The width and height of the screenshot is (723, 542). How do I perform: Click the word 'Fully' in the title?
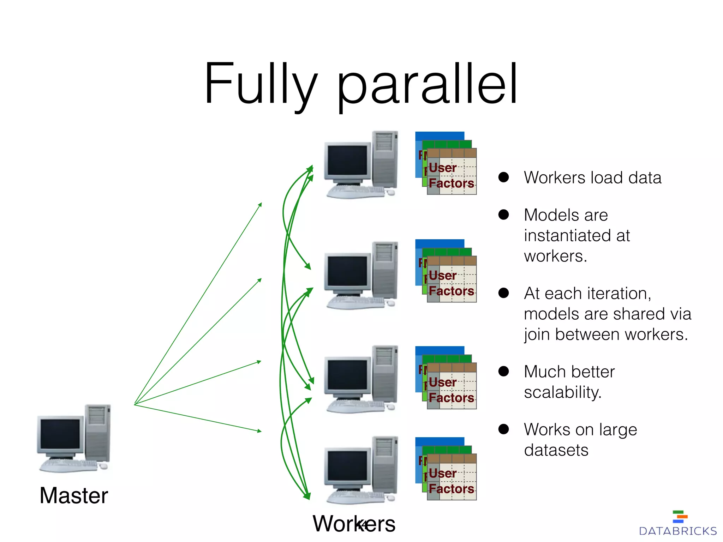261,85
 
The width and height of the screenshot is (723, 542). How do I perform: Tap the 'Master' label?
73,495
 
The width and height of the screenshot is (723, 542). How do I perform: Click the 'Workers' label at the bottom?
354,524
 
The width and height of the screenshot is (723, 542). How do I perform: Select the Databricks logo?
678,524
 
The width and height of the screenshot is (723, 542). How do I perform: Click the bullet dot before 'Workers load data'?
503,177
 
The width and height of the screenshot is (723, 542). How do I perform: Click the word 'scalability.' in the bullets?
563,392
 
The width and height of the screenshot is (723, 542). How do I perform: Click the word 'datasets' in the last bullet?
556,450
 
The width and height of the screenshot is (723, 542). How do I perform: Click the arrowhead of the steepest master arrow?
261,204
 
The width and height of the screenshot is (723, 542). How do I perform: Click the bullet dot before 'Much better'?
503,371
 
